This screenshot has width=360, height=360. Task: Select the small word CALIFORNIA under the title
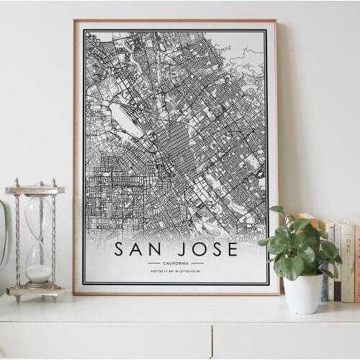[x=176, y=263]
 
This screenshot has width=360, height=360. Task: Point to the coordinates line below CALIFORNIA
[x=176, y=271]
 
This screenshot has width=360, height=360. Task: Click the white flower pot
[x=303, y=293]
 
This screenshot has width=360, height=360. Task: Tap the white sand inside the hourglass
[x=39, y=273]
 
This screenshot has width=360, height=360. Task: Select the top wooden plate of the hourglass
[x=35, y=190]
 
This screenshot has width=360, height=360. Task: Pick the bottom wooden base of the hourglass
[x=35, y=291]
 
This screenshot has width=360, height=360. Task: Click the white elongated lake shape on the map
[x=125, y=120]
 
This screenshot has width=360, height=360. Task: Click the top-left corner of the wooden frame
[x=74, y=21]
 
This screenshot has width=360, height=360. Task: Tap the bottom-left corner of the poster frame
[x=74, y=293]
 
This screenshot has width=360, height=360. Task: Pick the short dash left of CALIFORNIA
[x=153, y=263]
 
